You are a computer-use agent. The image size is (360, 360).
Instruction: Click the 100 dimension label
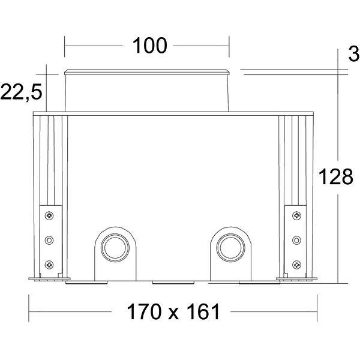coord(149,46)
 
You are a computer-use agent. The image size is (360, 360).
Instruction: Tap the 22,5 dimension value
coord(22,92)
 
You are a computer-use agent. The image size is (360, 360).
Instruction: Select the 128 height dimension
coord(336,177)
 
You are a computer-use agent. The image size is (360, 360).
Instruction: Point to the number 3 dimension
coord(354,55)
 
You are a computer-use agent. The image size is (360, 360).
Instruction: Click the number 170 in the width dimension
coord(144,311)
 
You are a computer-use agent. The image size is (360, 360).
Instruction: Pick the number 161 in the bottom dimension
coord(203,311)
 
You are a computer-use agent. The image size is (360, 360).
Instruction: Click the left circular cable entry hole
coord(115,248)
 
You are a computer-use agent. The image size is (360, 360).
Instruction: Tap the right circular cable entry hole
coord(231,248)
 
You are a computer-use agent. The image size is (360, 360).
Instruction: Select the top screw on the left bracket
coord(49,215)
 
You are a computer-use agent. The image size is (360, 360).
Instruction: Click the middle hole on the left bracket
coord(49,240)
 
